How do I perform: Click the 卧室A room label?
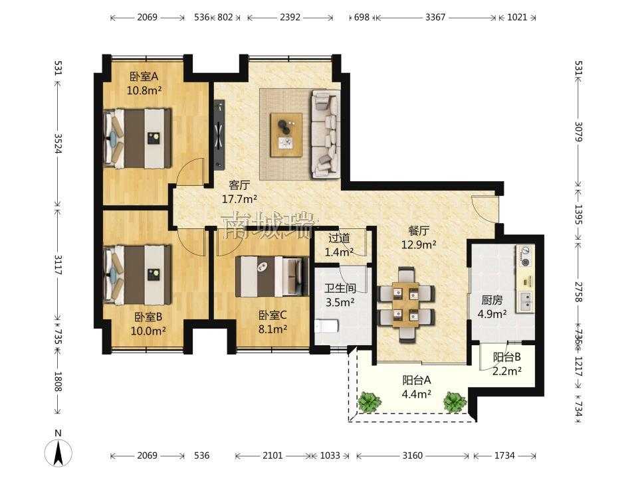tap(144, 76)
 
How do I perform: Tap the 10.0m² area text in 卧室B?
tap(148, 331)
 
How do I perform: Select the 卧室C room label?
tap(272, 315)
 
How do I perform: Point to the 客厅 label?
tap(239, 185)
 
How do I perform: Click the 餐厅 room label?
tap(419, 231)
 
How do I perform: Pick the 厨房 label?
tap(492, 300)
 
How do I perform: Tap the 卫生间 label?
tap(340, 288)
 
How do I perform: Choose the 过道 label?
tap(339, 238)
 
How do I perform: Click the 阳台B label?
tap(507, 357)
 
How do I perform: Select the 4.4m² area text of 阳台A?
tap(417, 394)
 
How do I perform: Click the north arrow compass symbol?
tap(58, 452)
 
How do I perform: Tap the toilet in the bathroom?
tap(326, 327)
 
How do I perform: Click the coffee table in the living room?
tap(286, 135)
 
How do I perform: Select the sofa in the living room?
tap(326, 134)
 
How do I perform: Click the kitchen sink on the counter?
tap(525, 301)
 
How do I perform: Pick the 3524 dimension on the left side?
tap(58, 144)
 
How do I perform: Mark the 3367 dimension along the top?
tap(435, 17)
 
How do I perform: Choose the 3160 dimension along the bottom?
tap(413, 455)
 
